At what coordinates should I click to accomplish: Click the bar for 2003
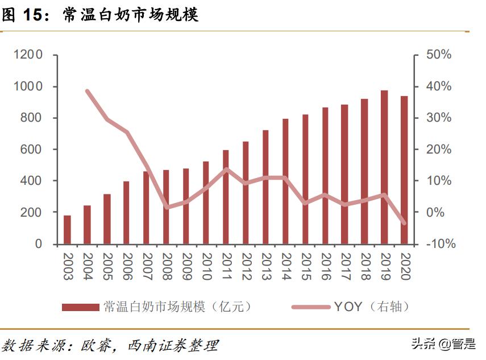tap(67, 230)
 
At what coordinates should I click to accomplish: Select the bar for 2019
tap(384, 167)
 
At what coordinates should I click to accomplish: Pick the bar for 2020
tap(404, 170)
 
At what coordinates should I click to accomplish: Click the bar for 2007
tap(146, 208)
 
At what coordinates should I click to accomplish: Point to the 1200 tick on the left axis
tap(28, 55)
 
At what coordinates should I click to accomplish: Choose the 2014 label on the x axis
tap(285, 266)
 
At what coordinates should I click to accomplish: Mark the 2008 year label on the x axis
tap(167, 266)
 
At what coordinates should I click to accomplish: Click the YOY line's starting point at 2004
tap(87, 91)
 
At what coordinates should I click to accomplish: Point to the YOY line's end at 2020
tap(404, 223)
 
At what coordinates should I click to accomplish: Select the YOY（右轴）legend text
tap(371, 307)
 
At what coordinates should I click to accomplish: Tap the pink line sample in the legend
tap(310, 307)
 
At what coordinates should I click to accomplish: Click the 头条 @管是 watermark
tap(443, 345)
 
